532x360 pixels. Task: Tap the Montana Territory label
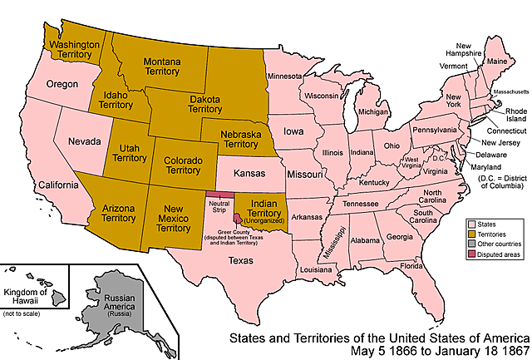click(163, 67)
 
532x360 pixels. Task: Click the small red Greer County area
click(239, 218)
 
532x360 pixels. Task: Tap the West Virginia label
click(411, 162)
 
